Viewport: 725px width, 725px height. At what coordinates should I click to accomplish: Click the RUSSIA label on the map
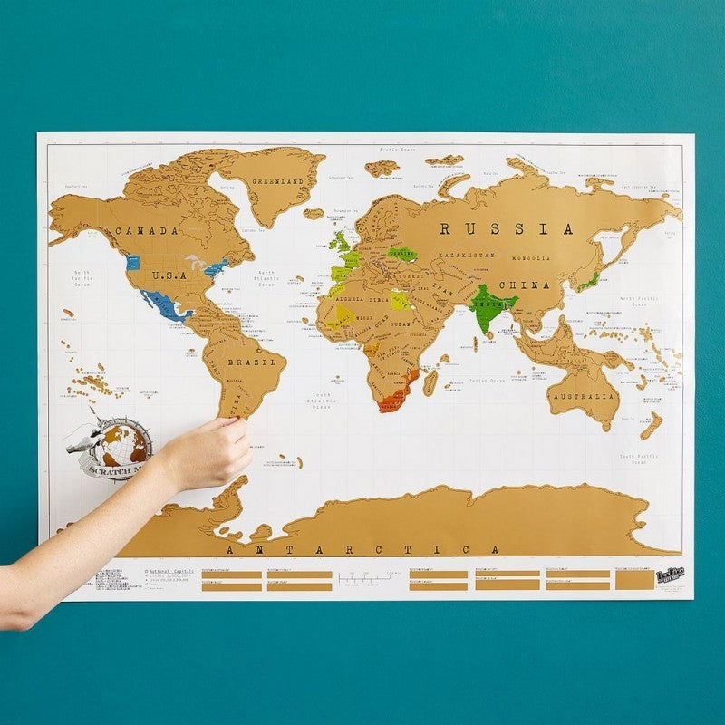(507, 229)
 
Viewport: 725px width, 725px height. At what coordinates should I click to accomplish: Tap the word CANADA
(145, 231)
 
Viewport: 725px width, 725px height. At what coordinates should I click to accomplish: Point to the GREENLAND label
(277, 181)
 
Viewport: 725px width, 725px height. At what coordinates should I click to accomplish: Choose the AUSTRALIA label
(583, 397)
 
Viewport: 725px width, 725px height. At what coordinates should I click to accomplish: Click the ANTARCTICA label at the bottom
(362, 549)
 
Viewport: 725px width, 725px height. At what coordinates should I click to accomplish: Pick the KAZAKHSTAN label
(468, 256)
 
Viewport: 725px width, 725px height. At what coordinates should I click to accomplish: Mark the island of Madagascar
(430, 382)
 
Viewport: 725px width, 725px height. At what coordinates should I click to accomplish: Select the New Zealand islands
(651, 425)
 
